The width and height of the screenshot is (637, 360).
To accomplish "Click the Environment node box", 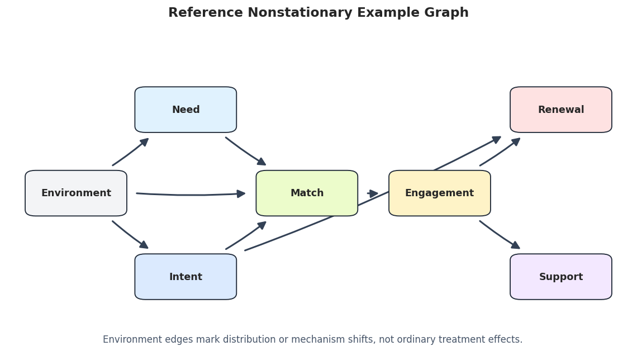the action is pyautogui.click(x=76, y=193).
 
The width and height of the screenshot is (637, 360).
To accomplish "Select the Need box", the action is pyautogui.click(x=186, y=110).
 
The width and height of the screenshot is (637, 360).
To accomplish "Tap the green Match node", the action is pyautogui.click(x=307, y=193).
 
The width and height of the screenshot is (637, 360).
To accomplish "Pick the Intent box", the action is pyautogui.click(x=186, y=277).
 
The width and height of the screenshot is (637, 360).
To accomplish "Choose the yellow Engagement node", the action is pyautogui.click(x=440, y=193).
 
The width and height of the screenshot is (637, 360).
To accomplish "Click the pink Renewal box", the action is pyautogui.click(x=561, y=110).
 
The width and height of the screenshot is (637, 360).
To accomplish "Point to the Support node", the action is pyautogui.click(x=561, y=277).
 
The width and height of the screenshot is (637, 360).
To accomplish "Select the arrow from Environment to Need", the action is pyautogui.click(x=131, y=152).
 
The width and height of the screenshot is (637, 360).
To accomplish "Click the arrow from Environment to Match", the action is pyautogui.click(x=191, y=195).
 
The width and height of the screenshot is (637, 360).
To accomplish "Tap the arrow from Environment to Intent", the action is pyautogui.click(x=130, y=234).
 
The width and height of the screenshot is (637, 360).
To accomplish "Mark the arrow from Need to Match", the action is pyautogui.click(x=246, y=151).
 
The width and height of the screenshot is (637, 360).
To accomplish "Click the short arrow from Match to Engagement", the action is pyautogui.click(x=373, y=193).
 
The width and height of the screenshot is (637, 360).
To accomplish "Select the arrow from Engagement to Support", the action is pyautogui.click(x=500, y=235).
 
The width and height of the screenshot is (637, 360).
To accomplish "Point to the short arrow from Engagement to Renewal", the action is pyautogui.click(x=500, y=151).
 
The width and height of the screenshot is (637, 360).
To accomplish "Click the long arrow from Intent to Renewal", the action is pyautogui.click(x=373, y=193).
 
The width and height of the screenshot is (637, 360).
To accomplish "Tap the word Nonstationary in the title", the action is pyautogui.click(x=300, y=13).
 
